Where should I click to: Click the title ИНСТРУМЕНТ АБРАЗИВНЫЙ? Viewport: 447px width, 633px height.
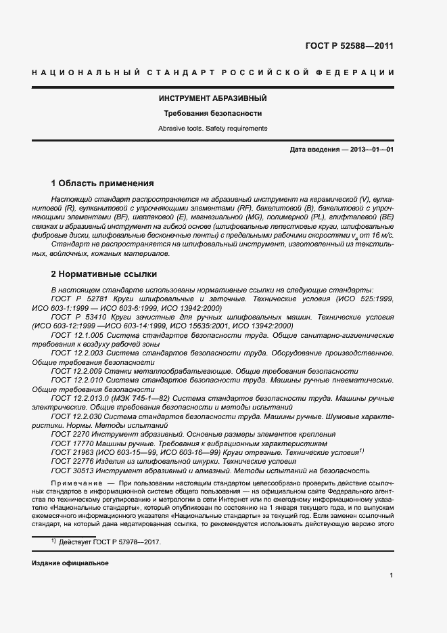click(212, 99)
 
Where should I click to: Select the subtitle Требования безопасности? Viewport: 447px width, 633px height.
click(212, 114)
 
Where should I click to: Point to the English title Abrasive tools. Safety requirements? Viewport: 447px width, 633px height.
click(212, 128)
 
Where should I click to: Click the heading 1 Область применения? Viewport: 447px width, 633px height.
click(103, 183)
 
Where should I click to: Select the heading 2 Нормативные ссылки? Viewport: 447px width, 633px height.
click(104, 274)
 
